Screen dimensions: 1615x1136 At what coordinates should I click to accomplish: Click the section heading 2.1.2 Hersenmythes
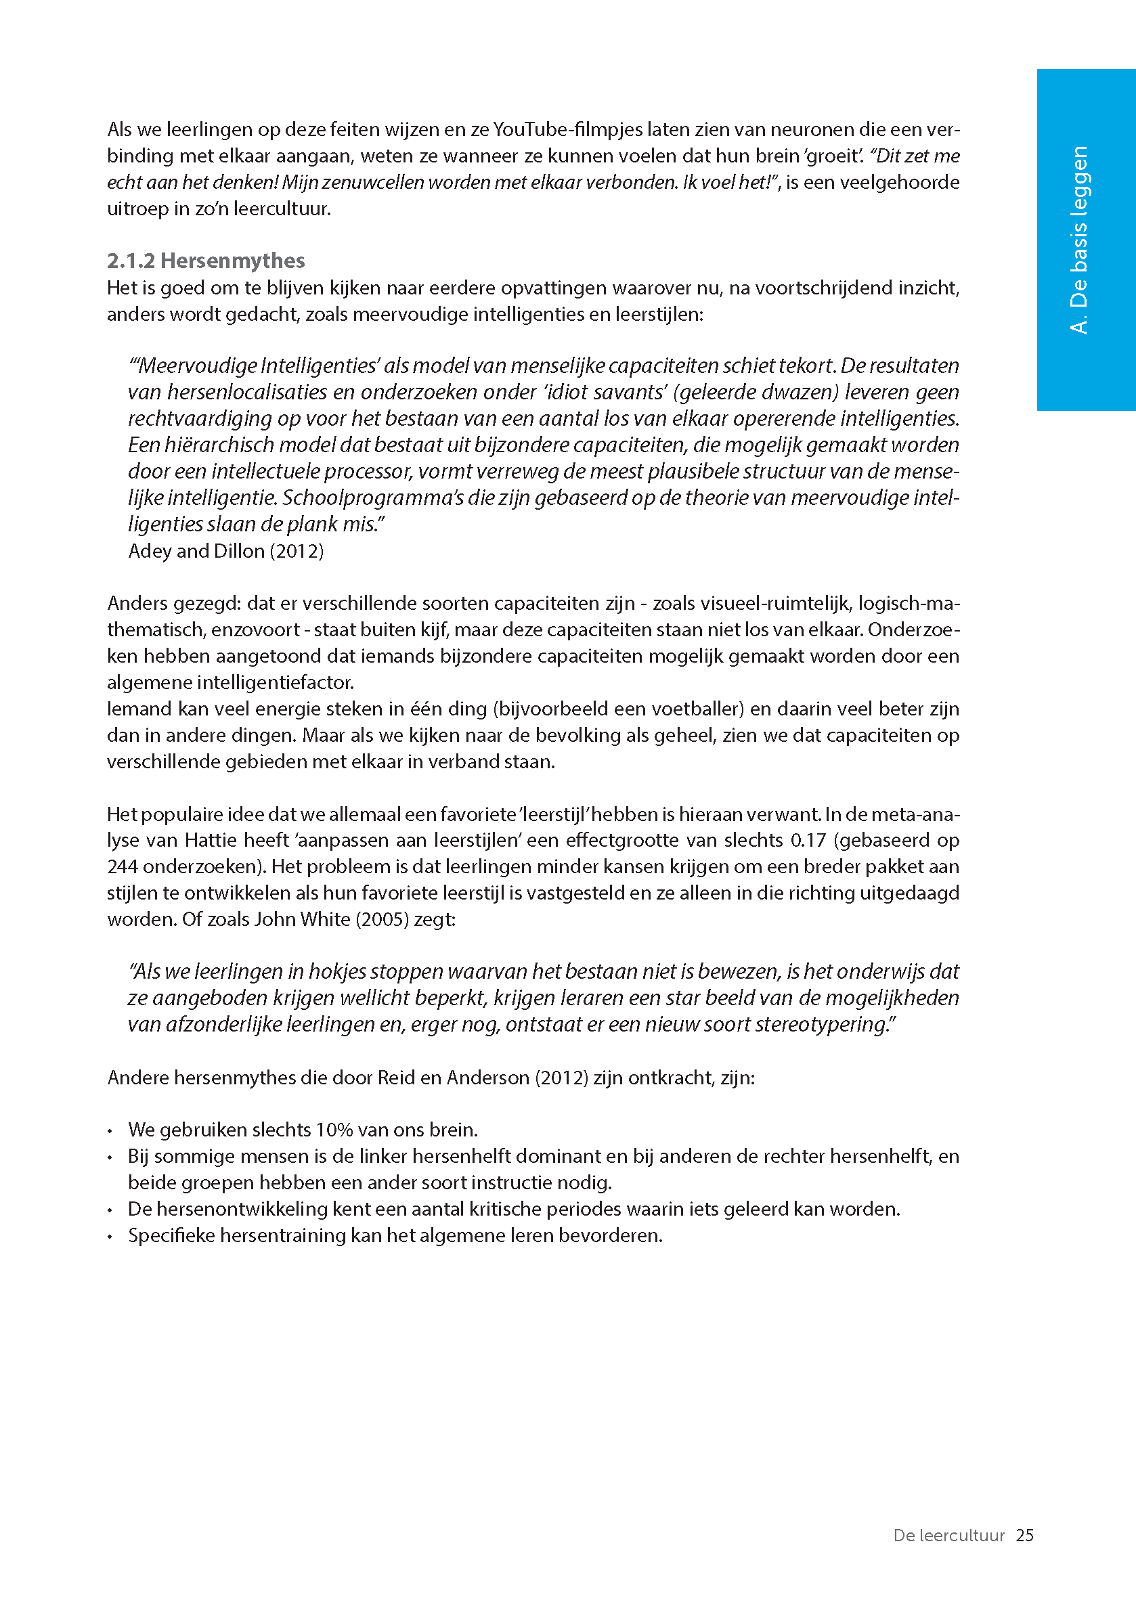tap(205, 261)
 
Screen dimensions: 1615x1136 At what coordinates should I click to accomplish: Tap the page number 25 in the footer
tap(1024, 1535)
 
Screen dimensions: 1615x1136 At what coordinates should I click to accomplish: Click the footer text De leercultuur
tap(948, 1535)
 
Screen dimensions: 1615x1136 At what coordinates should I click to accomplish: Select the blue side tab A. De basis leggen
tap(1079, 239)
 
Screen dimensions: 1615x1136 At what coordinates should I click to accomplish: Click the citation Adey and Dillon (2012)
tap(226, 551)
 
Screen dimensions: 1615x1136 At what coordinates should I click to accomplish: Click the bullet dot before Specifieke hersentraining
tap(110, 1237)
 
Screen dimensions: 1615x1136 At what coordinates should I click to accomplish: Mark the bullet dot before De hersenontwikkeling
tap(110, 1210)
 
